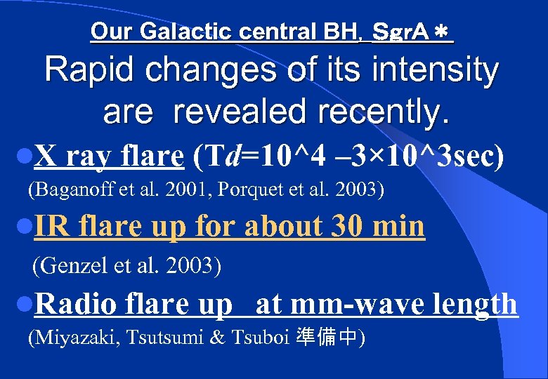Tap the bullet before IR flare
tap(24, 227)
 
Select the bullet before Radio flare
tap(24, 305)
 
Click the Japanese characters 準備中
tap(334, 338)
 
